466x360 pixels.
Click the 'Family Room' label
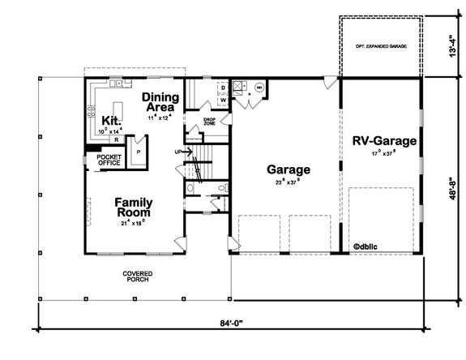(x=135, y=207)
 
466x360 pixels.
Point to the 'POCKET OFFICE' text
(x=109, y=160)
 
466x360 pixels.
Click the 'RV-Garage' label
(x=385, y=141)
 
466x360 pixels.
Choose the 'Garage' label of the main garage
(x=289, y=170)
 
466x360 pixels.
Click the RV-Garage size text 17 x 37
(x=385, y=155)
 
